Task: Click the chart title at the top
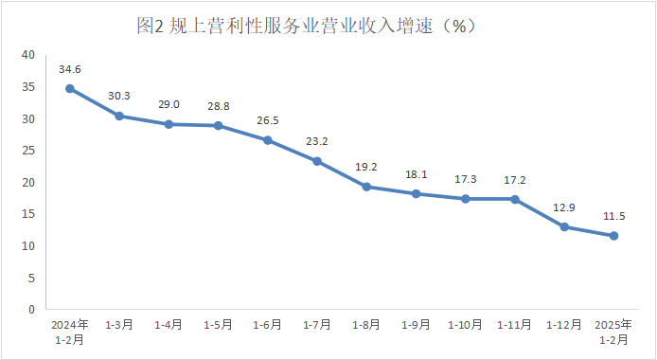305,27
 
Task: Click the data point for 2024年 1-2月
70,88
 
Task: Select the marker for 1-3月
119,116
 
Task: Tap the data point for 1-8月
366,187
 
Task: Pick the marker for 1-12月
564,226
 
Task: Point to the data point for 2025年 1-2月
613,236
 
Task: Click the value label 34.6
70,69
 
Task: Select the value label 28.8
218,106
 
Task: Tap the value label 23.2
317,142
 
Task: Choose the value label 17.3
465,179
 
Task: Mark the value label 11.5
613,216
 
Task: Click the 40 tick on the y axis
28,55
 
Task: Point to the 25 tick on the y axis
28,151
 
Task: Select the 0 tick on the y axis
31,309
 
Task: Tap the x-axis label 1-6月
267,325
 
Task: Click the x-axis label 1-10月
465,325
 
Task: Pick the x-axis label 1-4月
169,325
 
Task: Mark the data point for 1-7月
317,161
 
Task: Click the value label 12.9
564,207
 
